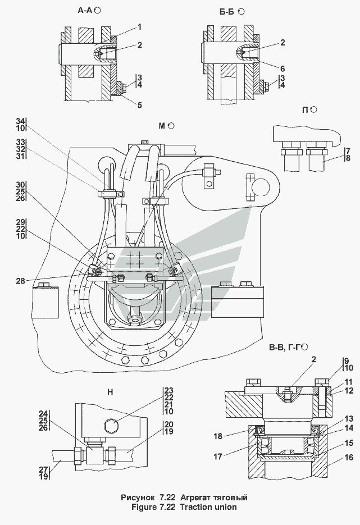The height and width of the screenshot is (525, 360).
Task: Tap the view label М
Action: coord(162,126)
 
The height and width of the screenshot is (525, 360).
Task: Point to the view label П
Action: coord(306,109)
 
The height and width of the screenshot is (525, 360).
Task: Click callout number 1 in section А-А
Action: coord(139,26)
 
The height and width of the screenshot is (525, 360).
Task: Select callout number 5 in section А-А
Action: coord(139,104)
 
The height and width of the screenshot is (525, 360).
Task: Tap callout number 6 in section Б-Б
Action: coord(282,69)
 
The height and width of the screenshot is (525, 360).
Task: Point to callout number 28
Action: coord(20,281)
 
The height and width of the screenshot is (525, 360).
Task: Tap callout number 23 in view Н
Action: coord(168,390)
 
